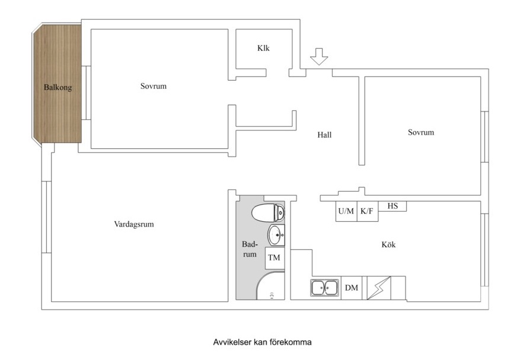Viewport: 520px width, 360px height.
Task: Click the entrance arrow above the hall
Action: [x=319, y=56]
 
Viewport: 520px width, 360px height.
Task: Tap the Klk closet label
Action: [x=263, y=49]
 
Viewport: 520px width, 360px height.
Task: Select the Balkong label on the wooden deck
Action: [x=58, y=88]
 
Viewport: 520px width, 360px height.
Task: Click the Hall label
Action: [x=324, y=135]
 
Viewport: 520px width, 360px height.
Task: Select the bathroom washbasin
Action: [x=275, y=235]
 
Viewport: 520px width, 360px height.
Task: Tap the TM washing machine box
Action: [x=274, y=258]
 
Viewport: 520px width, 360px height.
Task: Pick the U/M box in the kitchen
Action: [x=346, y=211]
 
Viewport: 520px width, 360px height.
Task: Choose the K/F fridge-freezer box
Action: [x=367, y=211]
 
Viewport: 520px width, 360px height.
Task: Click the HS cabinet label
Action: [x=393, y=206]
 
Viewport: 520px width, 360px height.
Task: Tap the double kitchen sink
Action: [x=325, y=288]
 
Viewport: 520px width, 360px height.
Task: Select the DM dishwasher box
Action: [x=352, y=288]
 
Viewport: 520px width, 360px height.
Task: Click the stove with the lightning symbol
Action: [x=379, y=288]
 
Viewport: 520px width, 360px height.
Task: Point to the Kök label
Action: [x=388, y=244]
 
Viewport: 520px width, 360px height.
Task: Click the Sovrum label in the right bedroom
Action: [x=421, y=132]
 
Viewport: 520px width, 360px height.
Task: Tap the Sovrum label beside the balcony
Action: [x=154, y=86]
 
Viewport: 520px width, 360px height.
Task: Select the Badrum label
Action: [x=250, y=249]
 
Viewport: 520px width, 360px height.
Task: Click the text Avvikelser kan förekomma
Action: [x=262, y=342]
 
